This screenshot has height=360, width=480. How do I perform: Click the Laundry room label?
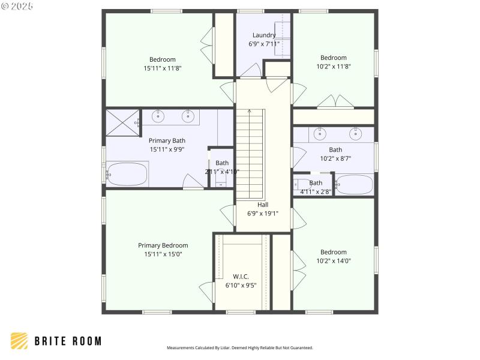point(264,35)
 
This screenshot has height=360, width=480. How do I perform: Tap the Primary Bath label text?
point(167,141)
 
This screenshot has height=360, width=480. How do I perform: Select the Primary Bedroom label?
point(163,245)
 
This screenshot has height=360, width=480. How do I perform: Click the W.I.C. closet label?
point(241,277)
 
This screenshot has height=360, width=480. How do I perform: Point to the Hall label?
point(263,205)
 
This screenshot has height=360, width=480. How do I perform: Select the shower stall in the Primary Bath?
point(122,125)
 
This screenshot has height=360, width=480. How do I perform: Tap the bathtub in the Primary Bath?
point(127,175)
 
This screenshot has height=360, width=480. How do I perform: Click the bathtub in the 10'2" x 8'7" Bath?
point(355,184)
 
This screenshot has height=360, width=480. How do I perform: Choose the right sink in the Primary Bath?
point(188,115)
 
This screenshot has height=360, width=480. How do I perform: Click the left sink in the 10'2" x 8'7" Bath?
point(321,133)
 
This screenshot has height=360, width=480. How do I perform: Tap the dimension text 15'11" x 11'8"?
point(163,68)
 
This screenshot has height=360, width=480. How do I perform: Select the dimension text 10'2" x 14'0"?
point(333,261)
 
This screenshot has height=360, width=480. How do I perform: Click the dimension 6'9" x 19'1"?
point(263,213)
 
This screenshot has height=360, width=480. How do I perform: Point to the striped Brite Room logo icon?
point(19,341)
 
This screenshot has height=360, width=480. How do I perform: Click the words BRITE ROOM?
point(67,341)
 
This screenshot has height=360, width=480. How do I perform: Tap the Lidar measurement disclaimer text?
point(239,347)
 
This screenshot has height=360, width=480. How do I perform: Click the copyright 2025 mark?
point(17,6)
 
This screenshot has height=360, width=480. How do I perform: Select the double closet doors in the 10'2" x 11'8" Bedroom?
point(335,102)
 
